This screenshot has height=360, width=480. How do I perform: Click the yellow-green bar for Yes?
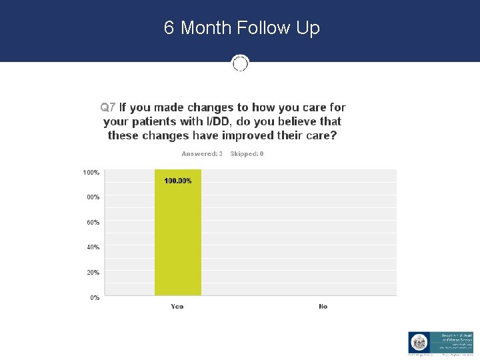point(177,240)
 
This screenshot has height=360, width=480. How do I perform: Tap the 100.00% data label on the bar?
point(178,181)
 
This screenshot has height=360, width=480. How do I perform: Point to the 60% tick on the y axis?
point(93,222)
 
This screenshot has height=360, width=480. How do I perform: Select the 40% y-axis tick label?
point(93,247)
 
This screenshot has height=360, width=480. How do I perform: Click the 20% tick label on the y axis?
point(93,272)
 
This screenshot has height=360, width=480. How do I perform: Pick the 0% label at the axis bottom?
point(95,297)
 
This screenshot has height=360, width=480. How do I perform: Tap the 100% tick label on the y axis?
point(91,173)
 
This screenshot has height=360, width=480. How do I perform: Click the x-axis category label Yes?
point(177,307)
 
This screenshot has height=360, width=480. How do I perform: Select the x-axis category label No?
point(323,307)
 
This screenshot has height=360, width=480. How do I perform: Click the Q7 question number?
point(108,107)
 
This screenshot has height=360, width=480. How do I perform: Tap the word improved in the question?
point(239,135)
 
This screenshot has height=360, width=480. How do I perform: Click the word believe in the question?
point(293,121)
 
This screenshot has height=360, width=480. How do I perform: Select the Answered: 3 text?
point(202,154)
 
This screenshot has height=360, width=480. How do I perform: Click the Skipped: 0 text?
point(247,154)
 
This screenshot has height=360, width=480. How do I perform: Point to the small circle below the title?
point(240,63)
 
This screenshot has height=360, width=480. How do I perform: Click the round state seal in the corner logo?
point(418,343)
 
